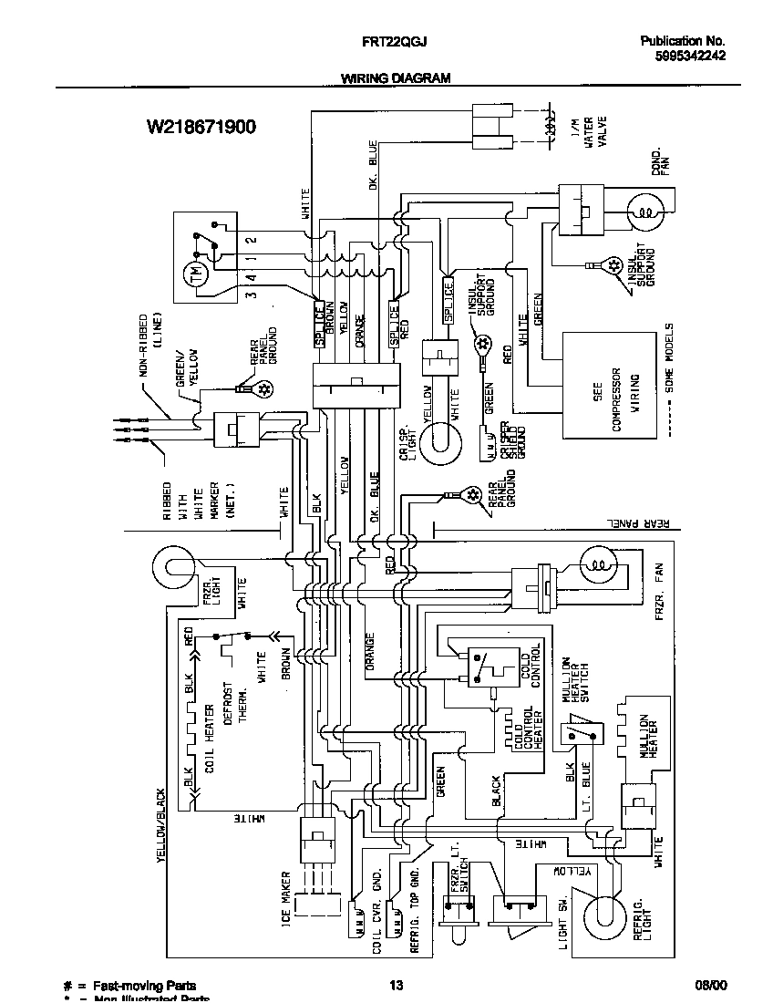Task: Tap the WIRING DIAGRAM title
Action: pos(396,78)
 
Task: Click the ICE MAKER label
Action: pos(285,897)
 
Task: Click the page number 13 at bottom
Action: pos(396,985)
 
